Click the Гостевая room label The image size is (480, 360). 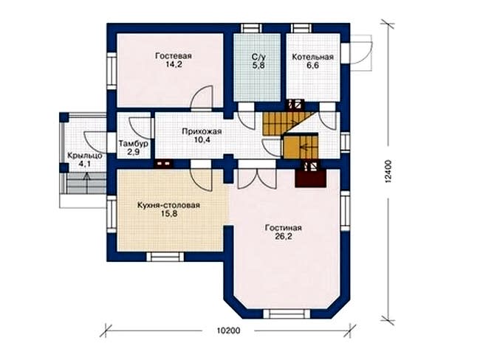(x=174, y=56)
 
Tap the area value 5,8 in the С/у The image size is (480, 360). (x=257, y=65)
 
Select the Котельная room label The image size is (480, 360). (x=312, y=58)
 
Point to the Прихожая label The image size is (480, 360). (x=202, y=131)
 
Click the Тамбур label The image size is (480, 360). (x=134, y=143)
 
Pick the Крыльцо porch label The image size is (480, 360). (x=85, y=156)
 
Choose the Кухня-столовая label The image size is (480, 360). (x=168, y=205)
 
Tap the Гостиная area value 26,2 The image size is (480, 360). (x=283, y=236)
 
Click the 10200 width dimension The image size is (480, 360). (x=228, y=330)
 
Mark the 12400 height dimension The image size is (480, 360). (x=388, y=172)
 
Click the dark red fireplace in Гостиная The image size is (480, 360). (x=310, y=178)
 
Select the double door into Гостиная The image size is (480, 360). (x=257, y=179)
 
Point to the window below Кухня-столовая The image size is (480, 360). (x=165, y=257)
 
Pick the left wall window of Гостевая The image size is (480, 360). (x=112, y=71)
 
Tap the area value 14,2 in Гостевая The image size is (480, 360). (x=174, y=64)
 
